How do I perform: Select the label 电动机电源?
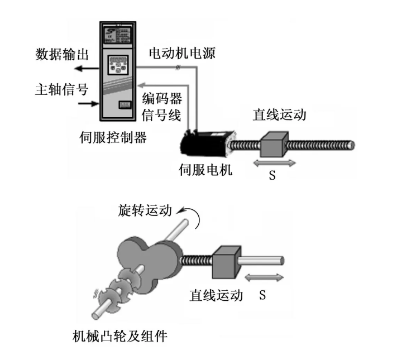tap(181, 54)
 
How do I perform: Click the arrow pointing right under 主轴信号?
tap(88, 104)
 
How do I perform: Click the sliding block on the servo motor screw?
tap(274, 144)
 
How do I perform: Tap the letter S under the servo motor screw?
tap(272, 175)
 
